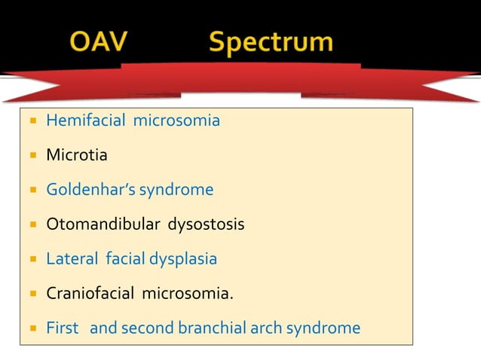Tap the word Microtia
click(x=77, y=155)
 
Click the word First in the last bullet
click(x=63, y=328)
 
